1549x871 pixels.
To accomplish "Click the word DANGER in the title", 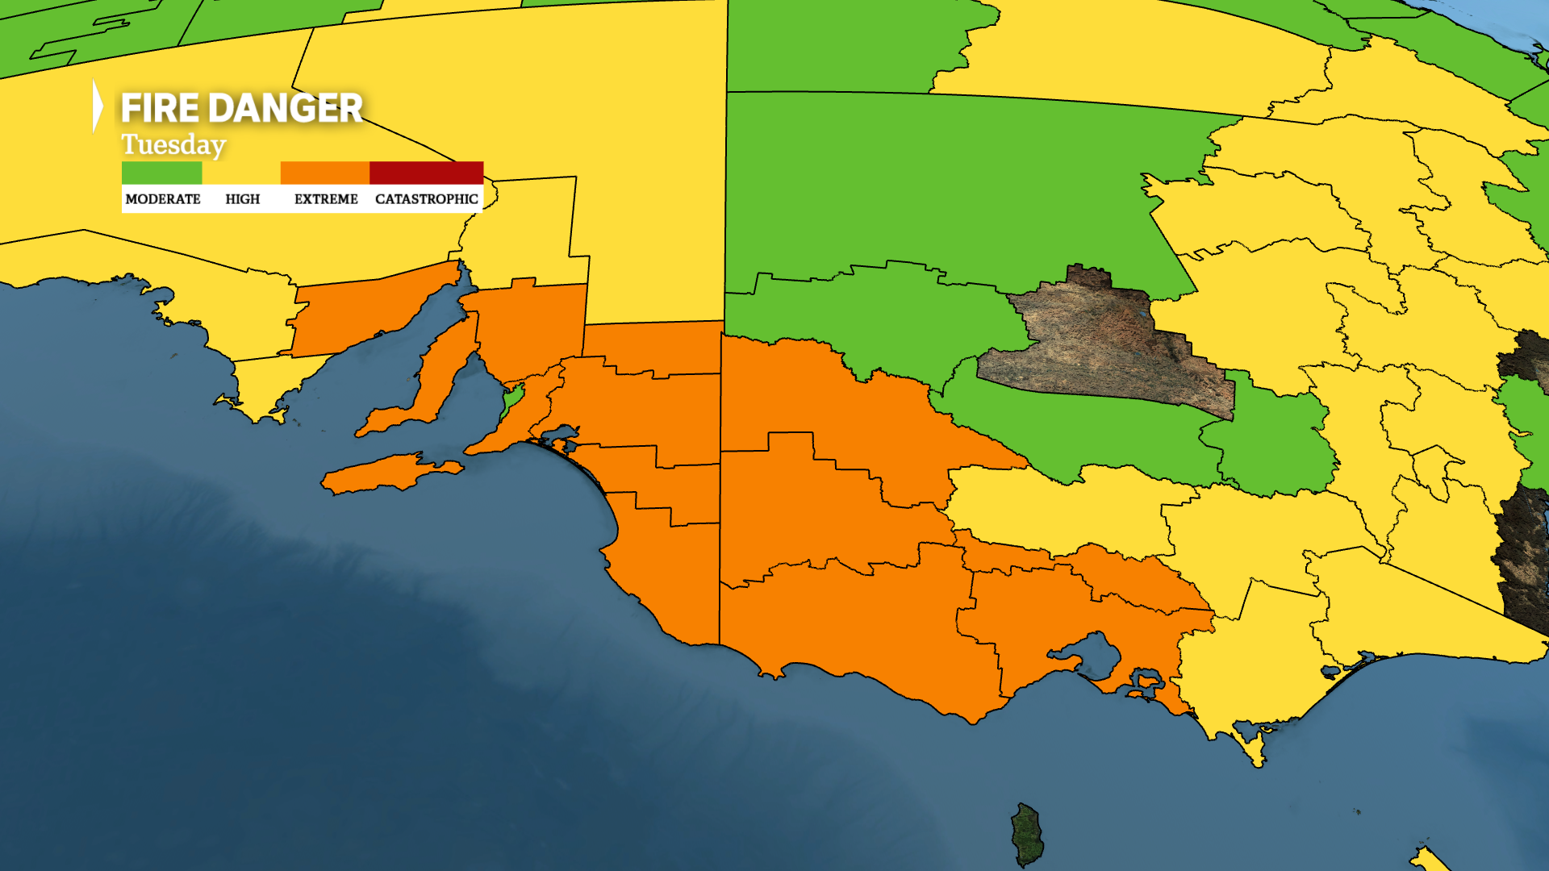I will (x=286, y=108).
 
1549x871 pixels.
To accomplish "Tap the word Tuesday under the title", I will (x=173, y=145).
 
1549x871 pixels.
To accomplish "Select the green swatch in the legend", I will (x=161, y=173).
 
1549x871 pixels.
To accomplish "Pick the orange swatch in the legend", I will (x=324, y=173).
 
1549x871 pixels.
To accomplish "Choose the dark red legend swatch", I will (x=426, y=173).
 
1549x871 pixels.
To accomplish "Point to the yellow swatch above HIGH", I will (x=241, y=173).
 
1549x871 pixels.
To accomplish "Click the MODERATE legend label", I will (x=163, y=199).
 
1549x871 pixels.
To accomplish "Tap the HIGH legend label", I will (x=242, y=199).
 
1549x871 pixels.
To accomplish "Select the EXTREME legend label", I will (x=326, y=199).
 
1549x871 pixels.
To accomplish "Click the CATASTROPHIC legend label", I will (x=426, y=199).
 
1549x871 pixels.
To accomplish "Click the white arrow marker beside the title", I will (x=98, y=106).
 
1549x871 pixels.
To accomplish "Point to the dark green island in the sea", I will (x=1027, y=835).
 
